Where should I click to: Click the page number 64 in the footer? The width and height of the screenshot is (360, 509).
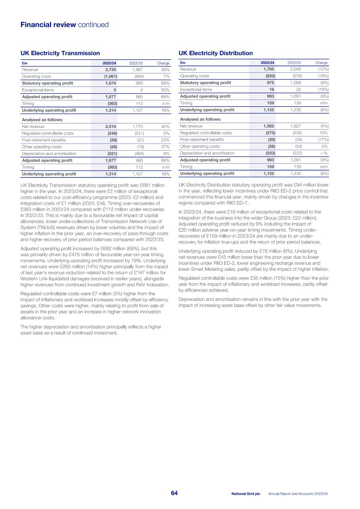(x=174, y=493)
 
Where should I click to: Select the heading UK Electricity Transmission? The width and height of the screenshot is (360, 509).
(x=60, y=53)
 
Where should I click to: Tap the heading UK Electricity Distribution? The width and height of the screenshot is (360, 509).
(x=216, y=53)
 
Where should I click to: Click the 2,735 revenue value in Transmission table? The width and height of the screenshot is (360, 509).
(x=110, y=70)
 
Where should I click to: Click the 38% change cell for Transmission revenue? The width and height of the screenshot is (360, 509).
(x=165, y=70)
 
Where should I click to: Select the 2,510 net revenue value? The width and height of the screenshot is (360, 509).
(x=110, y=127)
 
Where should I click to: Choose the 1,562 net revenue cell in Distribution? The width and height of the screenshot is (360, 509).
(x=269, y=126)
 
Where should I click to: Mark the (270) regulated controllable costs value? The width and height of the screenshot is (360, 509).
(x=270, y=133)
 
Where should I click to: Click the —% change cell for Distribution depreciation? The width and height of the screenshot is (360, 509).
(x=323, y=153)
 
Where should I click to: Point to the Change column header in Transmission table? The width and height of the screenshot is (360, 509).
(x=163, y=63)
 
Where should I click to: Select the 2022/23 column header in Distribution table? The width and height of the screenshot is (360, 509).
(x=294, y=63)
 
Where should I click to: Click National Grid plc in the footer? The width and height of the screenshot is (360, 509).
(x=245, y=494)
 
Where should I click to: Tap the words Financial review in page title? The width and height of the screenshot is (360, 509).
(x=48, y=25)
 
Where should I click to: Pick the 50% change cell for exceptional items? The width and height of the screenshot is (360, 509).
(x=165, y=90)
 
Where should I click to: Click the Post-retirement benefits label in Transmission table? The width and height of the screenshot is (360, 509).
(x=44, y=140)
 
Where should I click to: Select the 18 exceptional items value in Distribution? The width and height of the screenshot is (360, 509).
(x=272, y=89)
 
